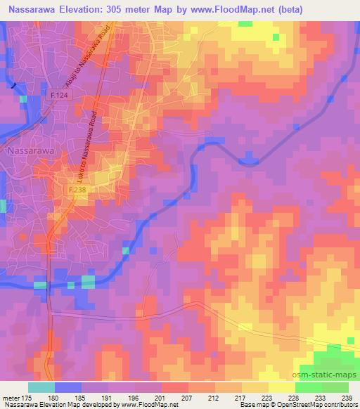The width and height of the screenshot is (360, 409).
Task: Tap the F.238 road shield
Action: (77, 190)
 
